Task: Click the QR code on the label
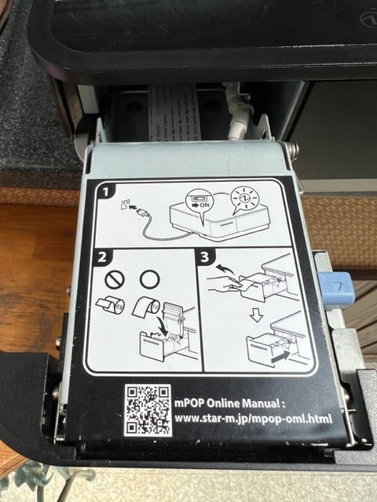pyautogui.click(x=148, y=410)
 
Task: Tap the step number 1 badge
pyautogui.click(x=104, y=191)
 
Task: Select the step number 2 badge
pyautogui.click(x=101, y=257)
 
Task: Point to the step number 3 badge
pyautogui.click(x=205, y=257)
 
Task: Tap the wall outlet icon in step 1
pyautogui.click(x=125, y=204)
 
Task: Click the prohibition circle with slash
pyautogui.click(x=115, y=280)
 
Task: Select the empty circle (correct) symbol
pyautogui.click(x=149, y=279)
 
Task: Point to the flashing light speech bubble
pyautogui.click(x=244, y=200)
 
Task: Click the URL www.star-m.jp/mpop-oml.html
pyautogui.click(x=253, y=418)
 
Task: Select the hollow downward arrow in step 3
pyautogui.click(x=257, y=316)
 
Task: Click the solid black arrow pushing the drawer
pyautogui.click(x=280, y=356)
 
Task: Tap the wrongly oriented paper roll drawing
pyautogui.click(x=110, y=305)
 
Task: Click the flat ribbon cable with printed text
pyautogui.click(x=175, y=112)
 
